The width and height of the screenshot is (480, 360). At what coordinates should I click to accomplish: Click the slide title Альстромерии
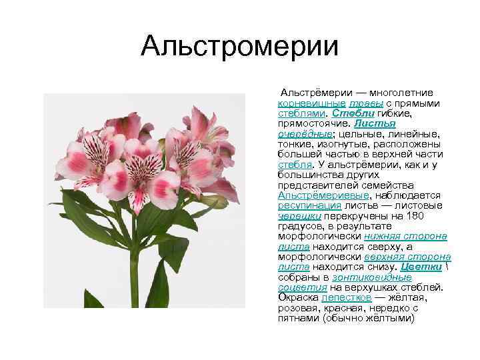pos(240,47)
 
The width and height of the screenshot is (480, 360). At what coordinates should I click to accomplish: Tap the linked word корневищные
pos(311,103)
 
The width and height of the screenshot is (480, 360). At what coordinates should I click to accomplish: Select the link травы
pos(365,103)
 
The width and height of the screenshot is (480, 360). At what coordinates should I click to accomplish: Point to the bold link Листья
pos(375,123)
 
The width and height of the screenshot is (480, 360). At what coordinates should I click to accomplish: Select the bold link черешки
pos(299,215)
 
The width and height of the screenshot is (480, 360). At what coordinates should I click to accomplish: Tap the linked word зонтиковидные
pos(381,277)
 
